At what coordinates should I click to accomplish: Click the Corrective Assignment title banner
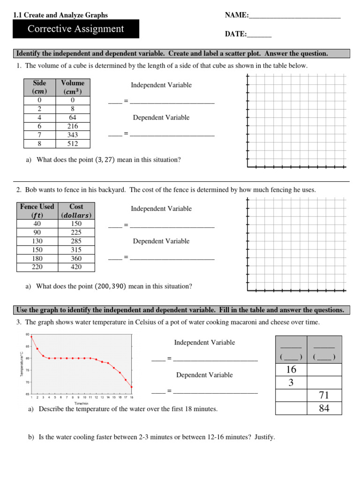click(x=75, y=29)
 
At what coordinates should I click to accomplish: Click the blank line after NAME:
click(x=294, y=16)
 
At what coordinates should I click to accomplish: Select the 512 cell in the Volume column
click(x=73, y=144)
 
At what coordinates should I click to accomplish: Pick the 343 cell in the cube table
click(x=73, y=135)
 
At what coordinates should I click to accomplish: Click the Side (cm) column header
click(x=40, y=87)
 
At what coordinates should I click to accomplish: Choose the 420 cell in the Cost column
click(x=76, y=267)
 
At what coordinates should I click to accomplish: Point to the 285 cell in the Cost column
click(x=76, y=241)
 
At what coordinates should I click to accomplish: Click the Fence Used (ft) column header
click(x=37, y=211)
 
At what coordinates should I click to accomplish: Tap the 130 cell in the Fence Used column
click(x=37, y=241)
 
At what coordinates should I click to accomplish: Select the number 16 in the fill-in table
click(x=291, y=370)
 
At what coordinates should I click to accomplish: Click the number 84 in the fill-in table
click(x=324, y=408)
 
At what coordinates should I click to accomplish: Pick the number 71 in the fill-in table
click(x=324, y=396)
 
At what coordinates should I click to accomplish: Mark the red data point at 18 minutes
click(x=132, y=387)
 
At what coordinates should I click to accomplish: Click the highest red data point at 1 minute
click(x=31, y=337)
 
